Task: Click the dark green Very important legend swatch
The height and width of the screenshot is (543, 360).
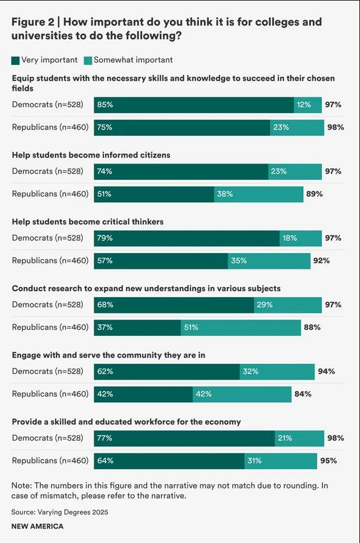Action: click(16, 60)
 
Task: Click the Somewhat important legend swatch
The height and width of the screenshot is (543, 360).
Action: click(88, 60)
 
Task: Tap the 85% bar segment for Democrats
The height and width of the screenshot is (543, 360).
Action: click(194, 105)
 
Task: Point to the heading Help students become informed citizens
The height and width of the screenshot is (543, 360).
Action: click(91, 155)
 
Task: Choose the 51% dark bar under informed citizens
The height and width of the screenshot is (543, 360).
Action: click(154, 194)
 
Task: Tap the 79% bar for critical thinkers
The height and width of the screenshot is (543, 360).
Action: click(186, 238)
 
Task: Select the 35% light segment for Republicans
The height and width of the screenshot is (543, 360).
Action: click(269, 261)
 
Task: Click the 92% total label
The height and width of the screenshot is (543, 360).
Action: click(321, 261)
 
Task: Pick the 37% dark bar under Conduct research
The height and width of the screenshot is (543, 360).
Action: click(137, 327)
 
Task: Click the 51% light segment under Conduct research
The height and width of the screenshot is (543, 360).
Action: click(241, 327)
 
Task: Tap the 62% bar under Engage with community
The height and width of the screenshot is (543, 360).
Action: click(166, 371)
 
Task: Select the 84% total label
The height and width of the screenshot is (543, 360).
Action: click(302, 394)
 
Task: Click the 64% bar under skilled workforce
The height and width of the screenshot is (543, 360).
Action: click(169, 461)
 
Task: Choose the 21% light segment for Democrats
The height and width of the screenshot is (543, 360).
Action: click(299, 438)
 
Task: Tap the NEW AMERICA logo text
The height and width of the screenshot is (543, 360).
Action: click(38, 527)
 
